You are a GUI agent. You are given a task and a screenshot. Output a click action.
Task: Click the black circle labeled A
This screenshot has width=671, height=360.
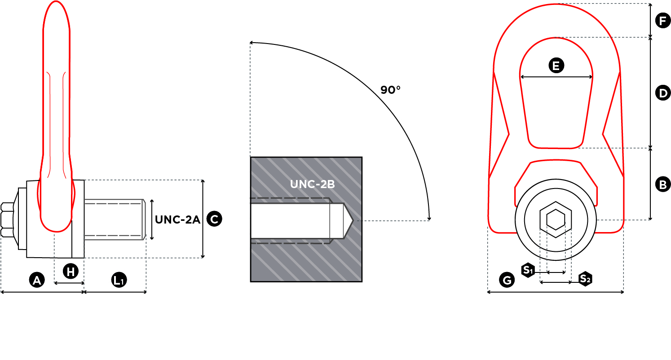pyautogui.click(x=37, y=281)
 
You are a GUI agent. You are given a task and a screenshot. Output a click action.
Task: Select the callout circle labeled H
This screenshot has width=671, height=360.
pyautogui.click(x=71, y=271)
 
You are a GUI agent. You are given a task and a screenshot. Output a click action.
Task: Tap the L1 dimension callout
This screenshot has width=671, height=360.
pyautogui.click(x=119, y=281)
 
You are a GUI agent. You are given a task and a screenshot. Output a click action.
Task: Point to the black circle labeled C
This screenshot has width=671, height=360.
pyautogui.click(x=214, y=219)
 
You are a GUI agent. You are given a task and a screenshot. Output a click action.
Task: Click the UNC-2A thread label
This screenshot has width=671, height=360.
pyautogui.click(x=177, y=220)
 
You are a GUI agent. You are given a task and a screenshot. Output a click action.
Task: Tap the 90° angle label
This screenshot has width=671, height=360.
pyautogui.click(x=390, y=90)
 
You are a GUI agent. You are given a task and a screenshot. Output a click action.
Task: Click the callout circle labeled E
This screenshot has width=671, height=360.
pyautogui.click(x=556, y=66)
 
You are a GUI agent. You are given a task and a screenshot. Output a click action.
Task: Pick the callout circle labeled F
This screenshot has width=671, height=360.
pyautogui.click(x=662, y=21)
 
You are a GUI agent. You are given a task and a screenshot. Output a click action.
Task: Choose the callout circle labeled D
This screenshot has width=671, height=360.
pyautogui.click(x=662, y=93)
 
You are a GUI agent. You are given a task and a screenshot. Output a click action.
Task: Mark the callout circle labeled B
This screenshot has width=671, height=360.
pyautogui.click(x=662, y=184)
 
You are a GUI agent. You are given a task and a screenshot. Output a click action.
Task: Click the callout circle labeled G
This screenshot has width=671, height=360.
pyautogui.click(x=507, y=281)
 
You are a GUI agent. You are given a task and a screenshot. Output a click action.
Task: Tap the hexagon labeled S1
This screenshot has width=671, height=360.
pyautogui.click(x=528, y=270)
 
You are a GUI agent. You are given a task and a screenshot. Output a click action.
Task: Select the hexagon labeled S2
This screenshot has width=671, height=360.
pyautogui.click(x=585, y=279)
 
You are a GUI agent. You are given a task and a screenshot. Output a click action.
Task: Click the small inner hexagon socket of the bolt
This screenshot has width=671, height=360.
pyautogui.click(x=556, y=220)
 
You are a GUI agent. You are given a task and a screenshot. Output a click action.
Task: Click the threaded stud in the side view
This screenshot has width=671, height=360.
pyautogui.click(x=115, y=220)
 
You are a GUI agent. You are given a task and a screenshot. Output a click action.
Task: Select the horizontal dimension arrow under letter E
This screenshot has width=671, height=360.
pyautogui.click(x=556, y=77)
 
